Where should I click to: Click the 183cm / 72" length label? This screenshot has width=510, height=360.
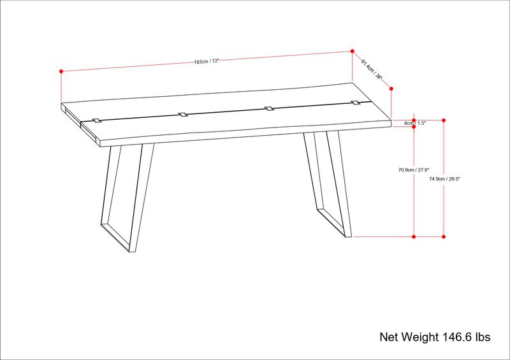[207, 61]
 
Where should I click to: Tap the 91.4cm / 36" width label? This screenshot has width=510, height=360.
[372, 68]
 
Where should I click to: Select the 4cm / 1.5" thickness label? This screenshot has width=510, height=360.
[414, 123]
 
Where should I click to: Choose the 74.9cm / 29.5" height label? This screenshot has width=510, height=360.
[445, 180]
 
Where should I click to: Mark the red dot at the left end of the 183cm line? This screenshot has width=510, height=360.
[61, 71]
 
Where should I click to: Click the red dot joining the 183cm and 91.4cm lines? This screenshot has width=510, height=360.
[353, 51]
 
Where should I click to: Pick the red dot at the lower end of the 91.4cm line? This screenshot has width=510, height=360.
[391, 89]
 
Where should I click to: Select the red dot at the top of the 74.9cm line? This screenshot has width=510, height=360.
[444, 120]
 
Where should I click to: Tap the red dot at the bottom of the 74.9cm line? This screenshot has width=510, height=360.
[444, 236]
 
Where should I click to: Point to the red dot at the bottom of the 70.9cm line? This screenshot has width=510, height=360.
[414, 236]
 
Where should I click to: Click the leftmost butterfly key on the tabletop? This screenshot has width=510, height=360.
[97, 120]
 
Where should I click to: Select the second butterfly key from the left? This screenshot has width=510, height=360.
[183, 115]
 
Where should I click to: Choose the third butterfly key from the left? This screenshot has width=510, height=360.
[270, 108]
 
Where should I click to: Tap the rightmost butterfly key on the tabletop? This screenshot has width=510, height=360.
[355, 102]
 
